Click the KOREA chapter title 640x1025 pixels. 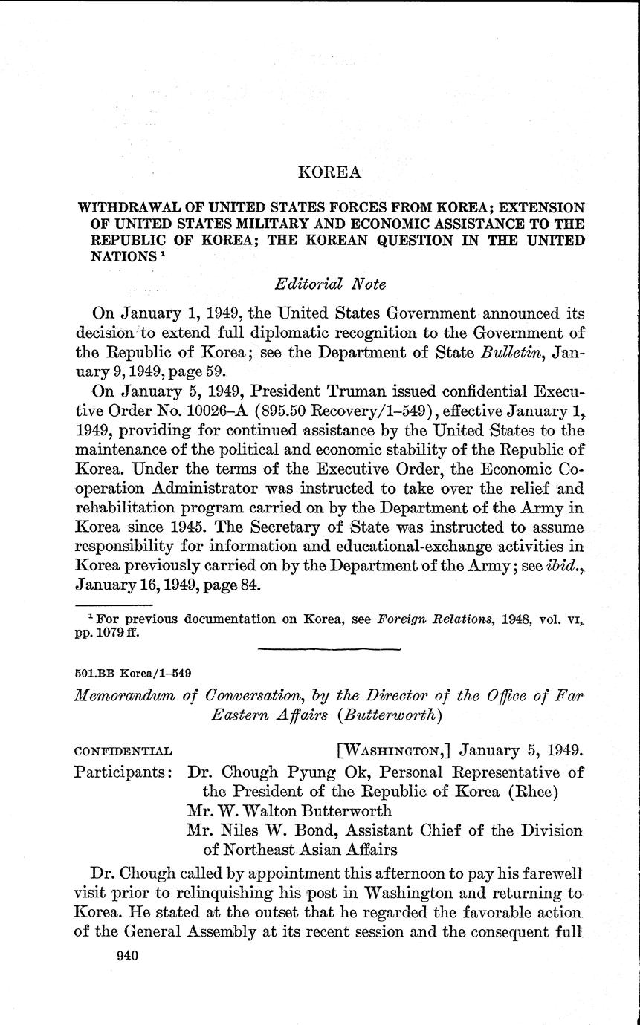(x=329, y=172)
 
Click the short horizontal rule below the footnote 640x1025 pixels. (x=329, y=649)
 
